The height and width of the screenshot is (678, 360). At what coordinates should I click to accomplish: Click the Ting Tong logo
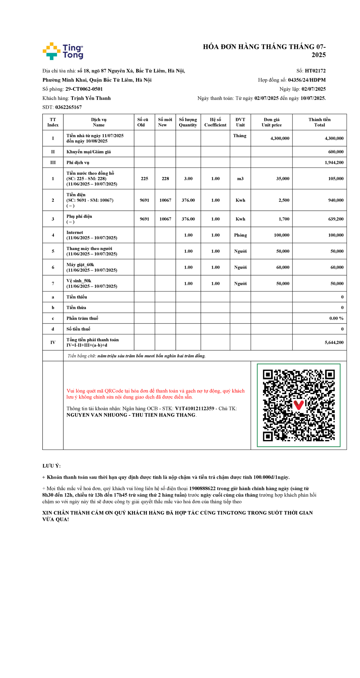[63, 51]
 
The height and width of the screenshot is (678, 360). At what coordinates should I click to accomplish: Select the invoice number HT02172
[315, 71]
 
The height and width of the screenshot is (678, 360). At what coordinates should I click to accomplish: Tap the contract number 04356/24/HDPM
[307, 80]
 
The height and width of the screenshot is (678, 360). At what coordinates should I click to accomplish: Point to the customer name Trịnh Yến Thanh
[91, 98]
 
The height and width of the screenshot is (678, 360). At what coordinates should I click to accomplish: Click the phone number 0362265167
[68, 107]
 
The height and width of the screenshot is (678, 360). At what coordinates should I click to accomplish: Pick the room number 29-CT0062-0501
[84, 89]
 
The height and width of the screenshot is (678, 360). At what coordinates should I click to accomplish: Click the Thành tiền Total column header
[319, 122]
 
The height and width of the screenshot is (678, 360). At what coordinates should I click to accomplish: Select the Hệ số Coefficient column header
[215, 122]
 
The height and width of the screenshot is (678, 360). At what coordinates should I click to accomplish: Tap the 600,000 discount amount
[336, 152]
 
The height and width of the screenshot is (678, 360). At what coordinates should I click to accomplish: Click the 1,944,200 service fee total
[334, 163]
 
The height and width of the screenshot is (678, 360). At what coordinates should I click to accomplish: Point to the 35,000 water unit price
[283, 179]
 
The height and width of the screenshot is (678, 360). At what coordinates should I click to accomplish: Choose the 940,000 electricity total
[336, 200]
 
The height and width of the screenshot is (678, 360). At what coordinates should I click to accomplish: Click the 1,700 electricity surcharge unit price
[284, 219]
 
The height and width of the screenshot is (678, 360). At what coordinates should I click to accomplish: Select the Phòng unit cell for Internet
[240, 235]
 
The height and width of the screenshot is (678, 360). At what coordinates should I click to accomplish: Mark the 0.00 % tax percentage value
[336, 318]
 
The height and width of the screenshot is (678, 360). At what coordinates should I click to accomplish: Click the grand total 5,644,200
[334, 342]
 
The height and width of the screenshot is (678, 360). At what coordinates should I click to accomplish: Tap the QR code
[298, 405]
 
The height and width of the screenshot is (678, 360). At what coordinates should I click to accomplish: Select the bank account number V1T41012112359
[194, 408]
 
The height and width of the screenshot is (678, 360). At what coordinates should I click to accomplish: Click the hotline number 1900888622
[202, 489]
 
